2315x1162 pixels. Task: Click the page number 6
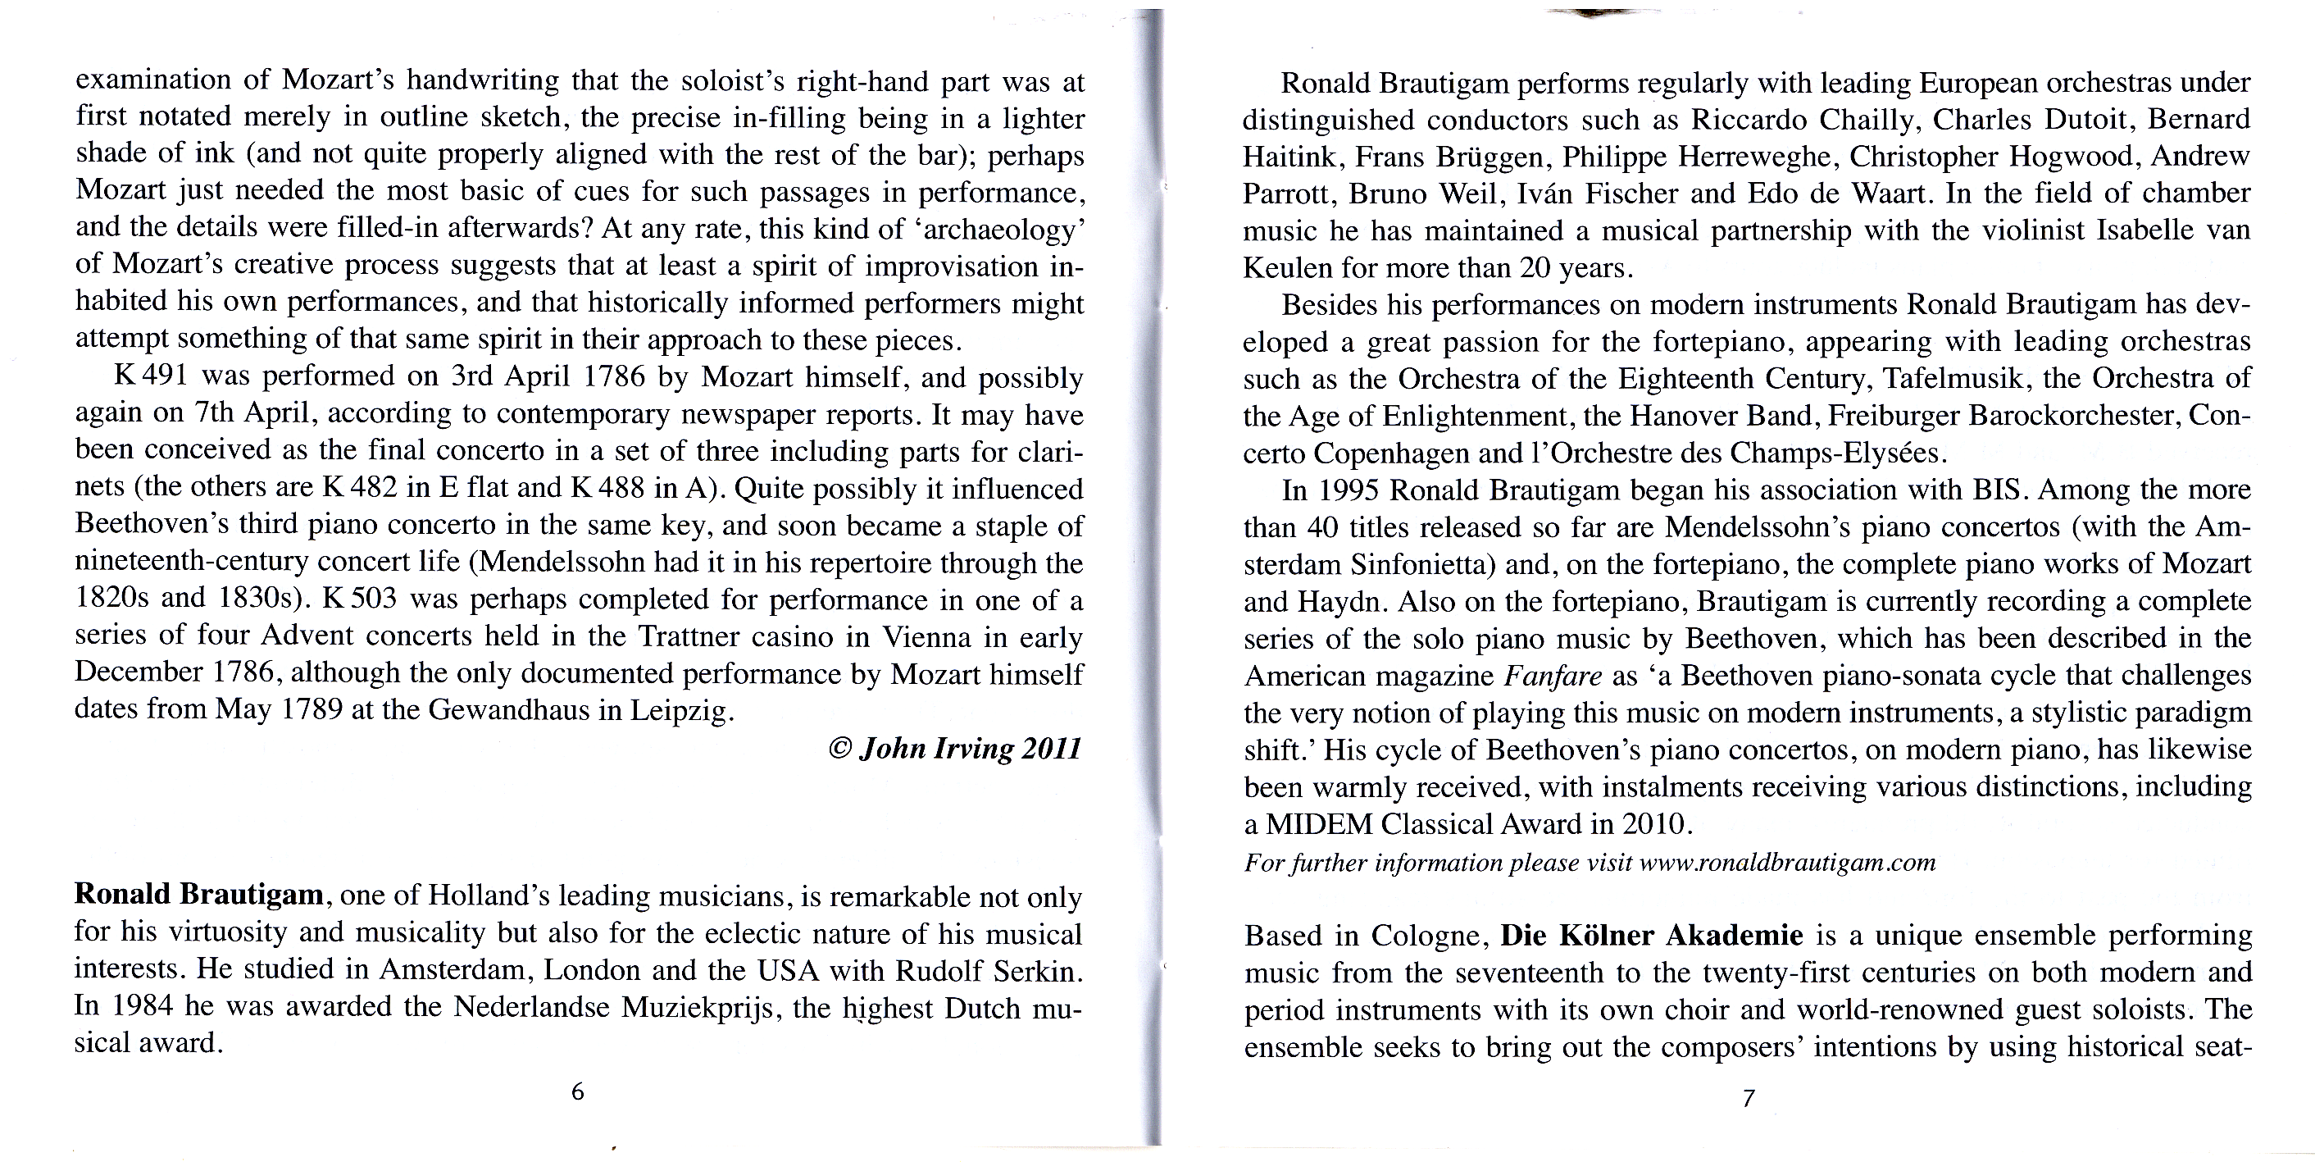tap(578, 1092)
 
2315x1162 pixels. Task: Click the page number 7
tap(1748, 1098)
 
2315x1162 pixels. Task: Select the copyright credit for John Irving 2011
tap(954, 749)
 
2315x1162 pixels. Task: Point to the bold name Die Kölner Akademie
tap(1652, 936)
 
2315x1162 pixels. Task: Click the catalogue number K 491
tap(150, 376)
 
